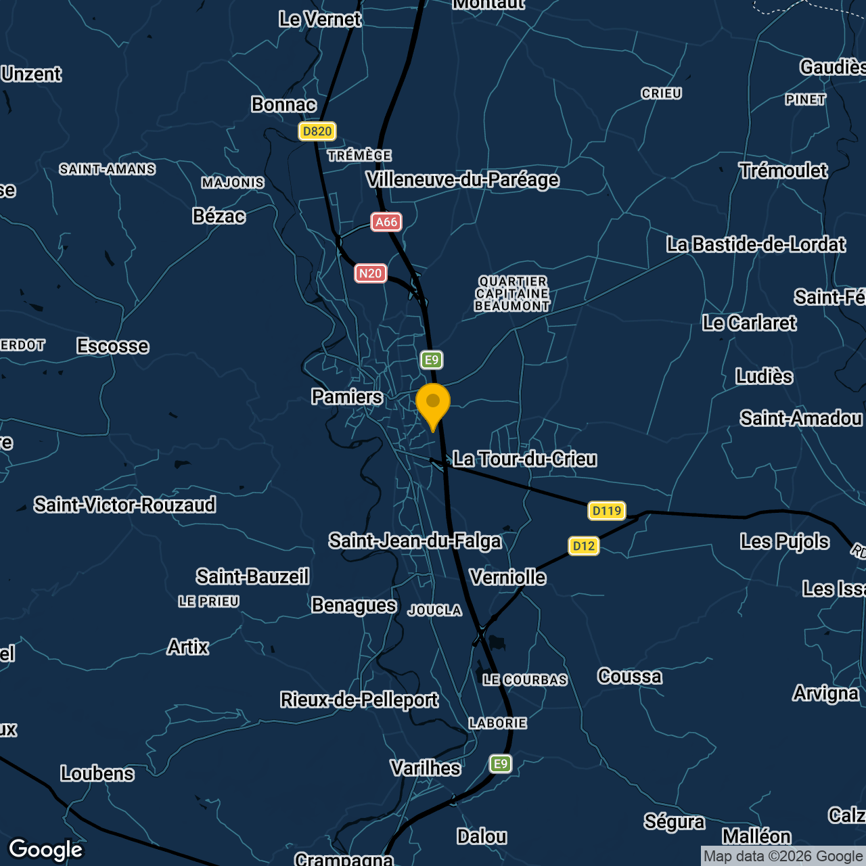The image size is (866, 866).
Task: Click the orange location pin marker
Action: (x=433, y=404)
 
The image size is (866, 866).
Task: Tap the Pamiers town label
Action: (x=347, y=396)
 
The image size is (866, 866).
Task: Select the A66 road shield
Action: (x=386, y=222)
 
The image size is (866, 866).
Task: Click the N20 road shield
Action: (x=370, y=273)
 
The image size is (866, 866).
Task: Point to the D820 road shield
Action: (x=317, y=131)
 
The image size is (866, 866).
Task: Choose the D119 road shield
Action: (x=606, y=511)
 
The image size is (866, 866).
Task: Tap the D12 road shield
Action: (x=584, y=546)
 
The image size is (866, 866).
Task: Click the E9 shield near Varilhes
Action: (x=501, y=764)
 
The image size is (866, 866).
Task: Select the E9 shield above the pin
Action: (x=432, y=360)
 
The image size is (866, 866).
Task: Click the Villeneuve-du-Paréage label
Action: (x=463, y=180)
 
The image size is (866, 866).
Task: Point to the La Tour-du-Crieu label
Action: (x=525, y=459)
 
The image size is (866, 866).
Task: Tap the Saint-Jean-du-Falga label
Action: (x=415, y=541)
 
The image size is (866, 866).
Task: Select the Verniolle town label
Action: (x=508, y=577)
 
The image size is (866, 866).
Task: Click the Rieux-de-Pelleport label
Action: (x=359, y=700)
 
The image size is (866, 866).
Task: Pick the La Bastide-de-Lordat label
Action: (x=756, y=244)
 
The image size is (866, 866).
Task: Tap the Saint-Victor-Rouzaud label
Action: (x=125, y=505)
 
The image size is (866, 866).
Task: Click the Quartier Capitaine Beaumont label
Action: (x=512, y=294)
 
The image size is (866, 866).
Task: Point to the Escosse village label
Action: (x=113, y=346)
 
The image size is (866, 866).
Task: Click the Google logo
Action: (x=46, y=849)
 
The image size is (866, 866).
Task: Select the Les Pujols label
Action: (x=785, y=541)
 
